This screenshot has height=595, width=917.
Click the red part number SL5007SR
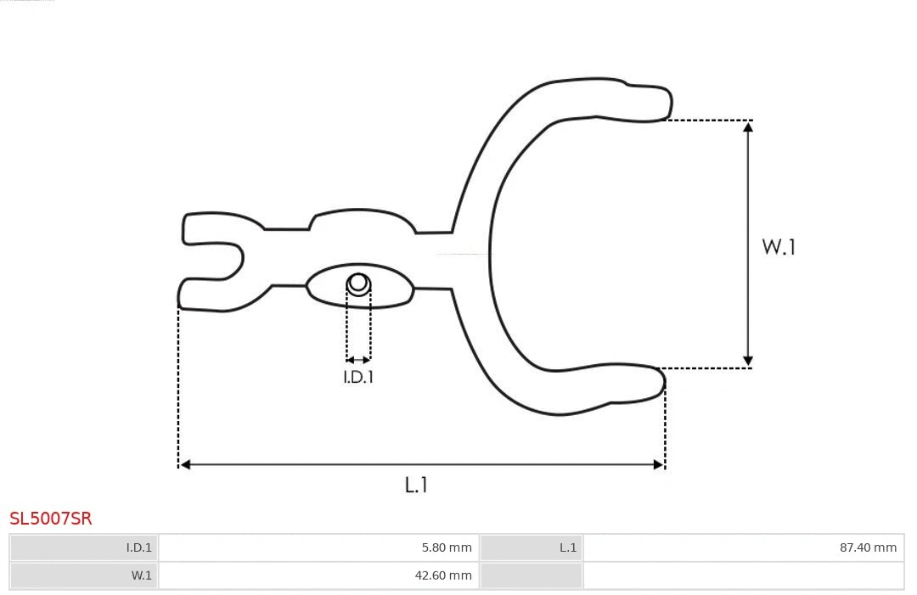[x=51, y=519]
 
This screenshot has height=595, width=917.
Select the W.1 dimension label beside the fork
[x=779, y=247]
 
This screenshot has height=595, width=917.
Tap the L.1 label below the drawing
[x=416, y=486]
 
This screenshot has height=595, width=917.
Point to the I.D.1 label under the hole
[x=358, y=377]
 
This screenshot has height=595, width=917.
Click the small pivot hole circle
[x=358, y=283]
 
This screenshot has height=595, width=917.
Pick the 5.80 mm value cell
[x=318, y=547]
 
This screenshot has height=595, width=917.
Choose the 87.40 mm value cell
[x=743, y=547]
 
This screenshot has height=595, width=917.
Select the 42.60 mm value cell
[x=318, y=575]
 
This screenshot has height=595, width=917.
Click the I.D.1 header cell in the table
[x=84, y=547]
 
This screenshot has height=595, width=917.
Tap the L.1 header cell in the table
[x=532, y=547]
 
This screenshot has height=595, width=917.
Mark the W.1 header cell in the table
[x=84, y=575]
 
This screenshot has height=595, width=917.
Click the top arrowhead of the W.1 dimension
[x=748, y=126]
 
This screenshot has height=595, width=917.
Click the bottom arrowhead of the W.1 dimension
[x=748, y=362]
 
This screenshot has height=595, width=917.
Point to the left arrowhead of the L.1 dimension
[x=185, y=464]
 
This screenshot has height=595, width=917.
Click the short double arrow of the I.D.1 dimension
[x=358, y=360]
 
